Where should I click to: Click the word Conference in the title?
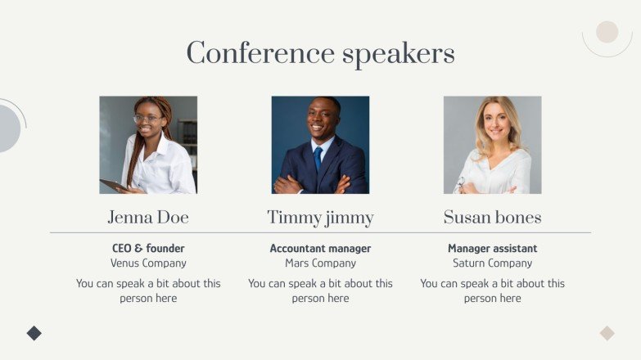click(x=260, y=54)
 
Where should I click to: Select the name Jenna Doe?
click(x=148, y=218)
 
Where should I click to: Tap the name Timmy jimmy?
click(x=320, y=218)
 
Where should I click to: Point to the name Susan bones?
click(x=492, y=218)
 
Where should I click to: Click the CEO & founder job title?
click(x=148, y=248)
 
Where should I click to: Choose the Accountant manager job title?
click(x=320, y=248)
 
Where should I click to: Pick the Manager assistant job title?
click(x=492, y=248)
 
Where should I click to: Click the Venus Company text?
click(x=148, y=263)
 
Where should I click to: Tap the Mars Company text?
click(x=320, y=263)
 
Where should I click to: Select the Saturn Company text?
click(x=492, y=263)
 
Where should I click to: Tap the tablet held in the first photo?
click(x=112, y=185)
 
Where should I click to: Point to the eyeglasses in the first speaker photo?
click(x=147, y=119)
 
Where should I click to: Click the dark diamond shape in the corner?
click(x=34, y=333)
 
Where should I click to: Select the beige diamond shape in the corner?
click(x=607, y=333)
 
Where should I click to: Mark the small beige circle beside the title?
click(x=607, y=32)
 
